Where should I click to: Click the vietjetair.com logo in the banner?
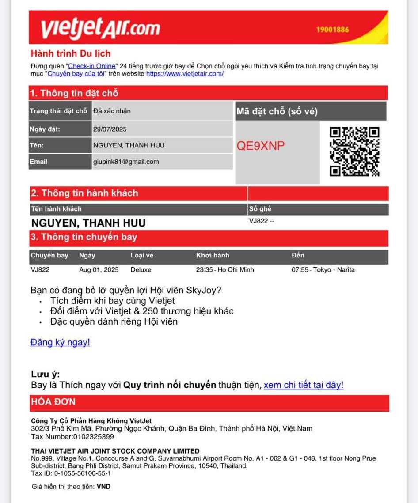pyautogui.click(x=100, y=27)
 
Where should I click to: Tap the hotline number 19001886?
pyautogui.click(x=332, y=30)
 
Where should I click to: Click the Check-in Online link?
pyautogui.click(x=91, y=66)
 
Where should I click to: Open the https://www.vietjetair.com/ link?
pyautogui.click(x=185, y=74)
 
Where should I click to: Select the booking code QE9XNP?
pyautogui.click(x=261, y=147)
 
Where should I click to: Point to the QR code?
pyautogui.click(x=354, y=151)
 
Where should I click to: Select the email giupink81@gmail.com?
pyautogui.click(x=126, y=162)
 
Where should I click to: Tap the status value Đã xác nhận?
pyautogui.click(x=112, y=111)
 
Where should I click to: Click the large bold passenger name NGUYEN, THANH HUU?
pyautogui.click(x=88, y=223)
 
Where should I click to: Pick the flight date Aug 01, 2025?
pyautogui.click(x=99, y=270)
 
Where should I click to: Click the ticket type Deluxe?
pyautogui.click(x=141, y=270)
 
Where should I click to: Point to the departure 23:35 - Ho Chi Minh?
pyautogui.click(x=225, y=270)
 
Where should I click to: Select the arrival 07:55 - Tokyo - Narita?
pyautogui.click(x=323, y=270)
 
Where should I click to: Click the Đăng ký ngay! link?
pyautogui.click(x=60, y=342)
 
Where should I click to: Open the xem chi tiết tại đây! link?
pyautogui.click(x=303, y=385)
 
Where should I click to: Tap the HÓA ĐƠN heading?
pyautogui.click(x=53, y=402)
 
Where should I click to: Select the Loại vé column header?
pyautogui.click(x=142, y=255)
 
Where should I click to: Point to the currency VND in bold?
pyautogui.click(x=104, y=487)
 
